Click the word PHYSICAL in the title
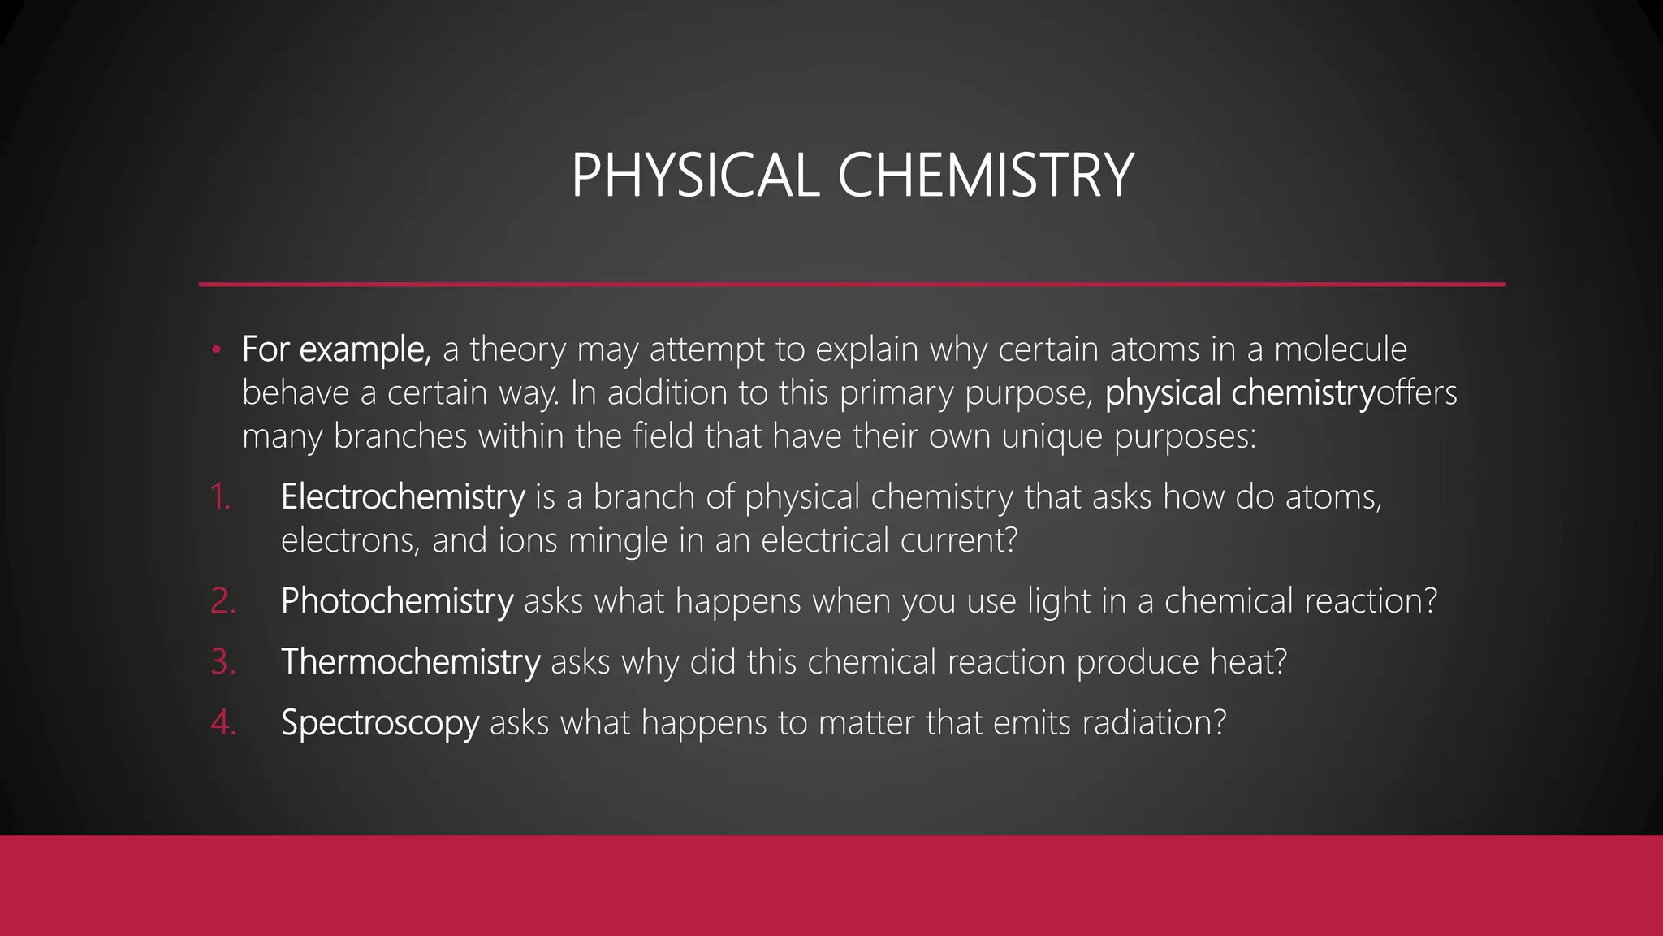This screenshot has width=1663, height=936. [x=695, y=175]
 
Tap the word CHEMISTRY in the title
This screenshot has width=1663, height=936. [x=985, y=175]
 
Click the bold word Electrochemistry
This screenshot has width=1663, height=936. [x=403, y=496]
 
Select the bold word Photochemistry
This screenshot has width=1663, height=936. [x=397, y=601]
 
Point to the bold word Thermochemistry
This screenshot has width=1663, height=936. [x=410, y=662]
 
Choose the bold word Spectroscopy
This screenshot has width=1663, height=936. [x=380, y=723]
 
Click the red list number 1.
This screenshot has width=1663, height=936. [x=219, y=496]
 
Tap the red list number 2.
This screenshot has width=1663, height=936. [x=222, y=601]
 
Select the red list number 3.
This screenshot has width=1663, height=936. [x=222, y=662]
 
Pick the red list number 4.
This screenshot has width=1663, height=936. [x=222, y=723]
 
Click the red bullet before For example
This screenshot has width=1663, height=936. [x=215, y=350]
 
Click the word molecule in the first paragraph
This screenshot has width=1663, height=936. [x=1340, y=349]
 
